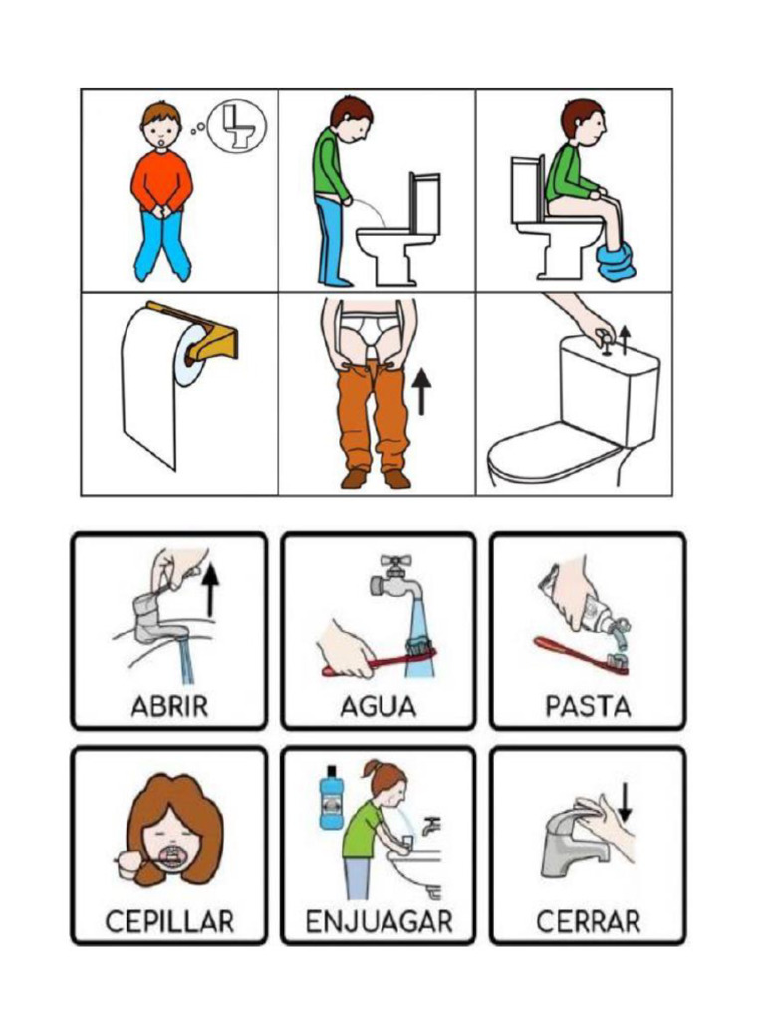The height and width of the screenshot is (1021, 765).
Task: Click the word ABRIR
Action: pos(169,707)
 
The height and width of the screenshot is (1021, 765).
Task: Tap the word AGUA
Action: pos(378,707)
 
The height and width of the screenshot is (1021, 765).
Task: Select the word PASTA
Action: pos(588,707)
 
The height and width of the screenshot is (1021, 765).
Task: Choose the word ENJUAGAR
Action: pos(379,920)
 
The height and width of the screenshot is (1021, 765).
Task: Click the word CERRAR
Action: pos(588,920)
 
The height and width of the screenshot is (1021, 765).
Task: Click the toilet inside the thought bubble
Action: pos(238,126)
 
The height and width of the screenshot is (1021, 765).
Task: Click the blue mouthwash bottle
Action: pos(329,798)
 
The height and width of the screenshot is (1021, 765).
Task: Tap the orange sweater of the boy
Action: pos(161,179)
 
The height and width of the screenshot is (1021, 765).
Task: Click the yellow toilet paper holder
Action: pos(211,334)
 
